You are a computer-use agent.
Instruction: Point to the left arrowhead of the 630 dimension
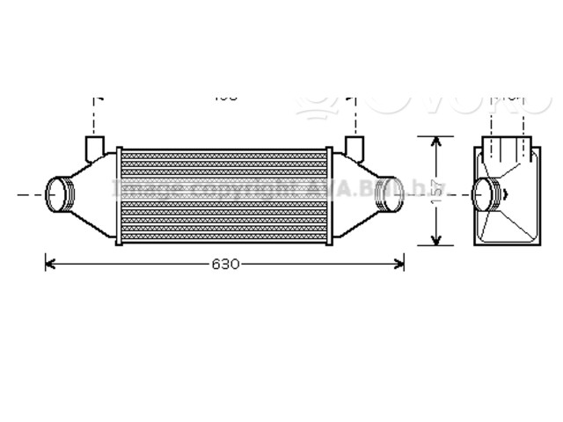[x=50, y=262]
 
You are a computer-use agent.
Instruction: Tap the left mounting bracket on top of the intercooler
[x=94, y=144]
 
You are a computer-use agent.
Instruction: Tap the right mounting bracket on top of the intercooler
[x=355, y=144]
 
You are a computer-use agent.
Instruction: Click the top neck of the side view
[x=507, y=147]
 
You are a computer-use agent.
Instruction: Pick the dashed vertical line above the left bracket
[x=94, y=113]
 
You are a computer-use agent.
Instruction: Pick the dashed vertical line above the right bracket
[x=355, y=113]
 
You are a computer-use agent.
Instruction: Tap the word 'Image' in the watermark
[x=145, y=188]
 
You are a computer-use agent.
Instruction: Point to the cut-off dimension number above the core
[x=226, y=96]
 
